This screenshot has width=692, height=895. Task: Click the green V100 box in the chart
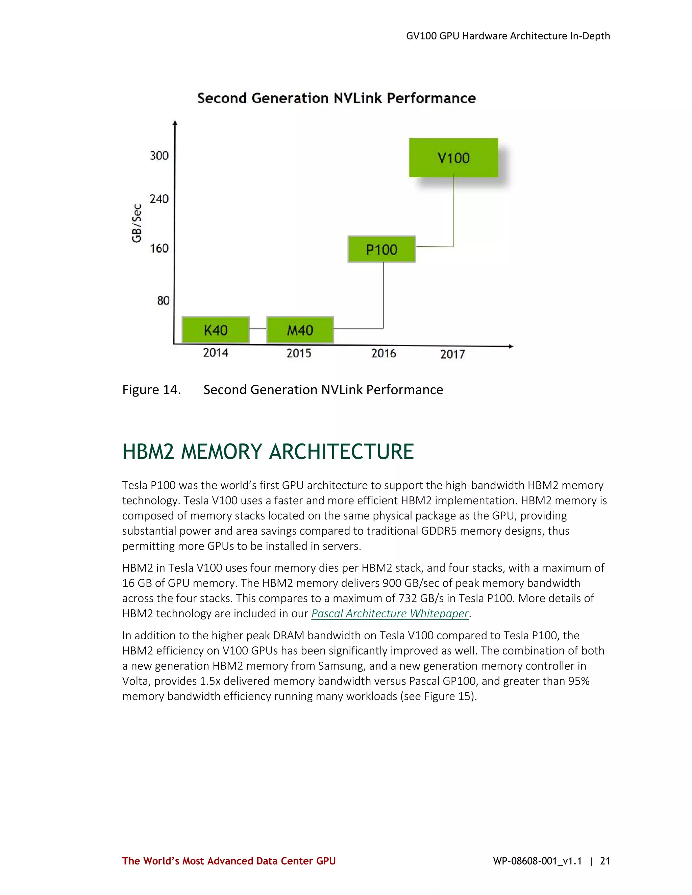tap(453, 158)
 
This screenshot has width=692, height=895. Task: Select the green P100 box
tap(381, 249)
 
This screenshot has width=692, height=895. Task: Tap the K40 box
tap(216, 330)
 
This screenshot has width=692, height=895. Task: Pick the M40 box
tap(300, 330)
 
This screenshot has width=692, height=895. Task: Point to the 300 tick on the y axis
tap(159, 156)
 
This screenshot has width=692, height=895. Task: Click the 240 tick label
tap(159, 199)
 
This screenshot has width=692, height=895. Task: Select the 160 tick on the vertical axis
tap(159, 248)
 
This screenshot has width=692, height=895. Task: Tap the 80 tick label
tap(163, 301)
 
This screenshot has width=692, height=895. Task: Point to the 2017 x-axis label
tap(452, 354)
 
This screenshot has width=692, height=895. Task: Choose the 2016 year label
tap(384, 353)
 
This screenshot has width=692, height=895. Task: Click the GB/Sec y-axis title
tap(137, 223)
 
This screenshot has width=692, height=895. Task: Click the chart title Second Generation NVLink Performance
tap(336, 98)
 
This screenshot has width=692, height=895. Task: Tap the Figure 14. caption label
tap(151, 390)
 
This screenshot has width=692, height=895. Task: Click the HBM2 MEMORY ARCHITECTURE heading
tap(268, 452)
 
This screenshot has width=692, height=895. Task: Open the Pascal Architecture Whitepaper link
tap(390, 613)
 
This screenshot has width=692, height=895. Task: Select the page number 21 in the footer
tap(605, 861)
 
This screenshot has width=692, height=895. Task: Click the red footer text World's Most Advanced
tap(229, 861)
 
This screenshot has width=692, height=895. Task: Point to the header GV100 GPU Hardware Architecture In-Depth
tap(508, 36)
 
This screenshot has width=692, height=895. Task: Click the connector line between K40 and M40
tap(258, 329)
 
